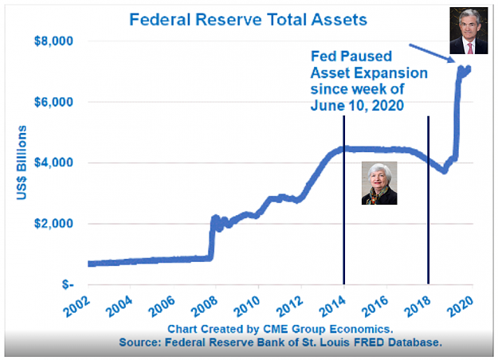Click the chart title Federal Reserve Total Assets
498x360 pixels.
[x=248, y=19]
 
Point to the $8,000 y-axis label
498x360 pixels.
[x=53, y=41]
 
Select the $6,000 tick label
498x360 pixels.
[x=53, y=102]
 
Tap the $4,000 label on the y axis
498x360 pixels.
[x=53, y=162]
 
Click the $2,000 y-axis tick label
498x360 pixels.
[x=53, y=224]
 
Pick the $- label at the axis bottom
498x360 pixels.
[x=68, y=284]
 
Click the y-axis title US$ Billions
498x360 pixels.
[x=22, y=162]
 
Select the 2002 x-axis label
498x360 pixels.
[x=76, y=307]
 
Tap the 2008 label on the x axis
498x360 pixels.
[x=205, y=307]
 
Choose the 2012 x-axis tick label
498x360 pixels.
[x=290, y=307]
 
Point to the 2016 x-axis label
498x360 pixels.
[x=374, y=307]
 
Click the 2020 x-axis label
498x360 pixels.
[x=461, y=307]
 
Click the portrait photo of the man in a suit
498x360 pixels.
[x=469, y=30]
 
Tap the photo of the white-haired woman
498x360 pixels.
[x=379, y=183]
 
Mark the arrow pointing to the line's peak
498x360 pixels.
[x=433, y=53]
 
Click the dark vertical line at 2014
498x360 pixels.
[x=344, y=200]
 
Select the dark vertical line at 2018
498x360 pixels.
[x=429, y=200]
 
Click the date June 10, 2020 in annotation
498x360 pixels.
[x=357, y=105]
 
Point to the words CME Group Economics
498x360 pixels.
[x=328, y=329]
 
